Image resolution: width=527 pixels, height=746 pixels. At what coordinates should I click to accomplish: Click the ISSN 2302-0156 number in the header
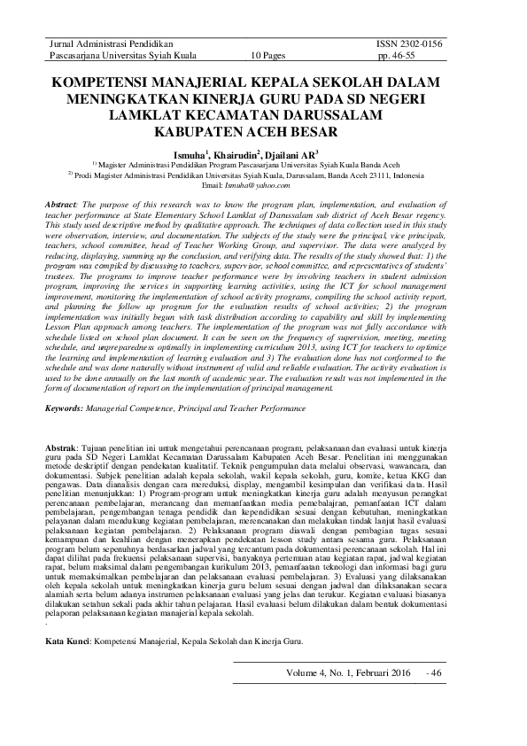coord(408,43)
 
